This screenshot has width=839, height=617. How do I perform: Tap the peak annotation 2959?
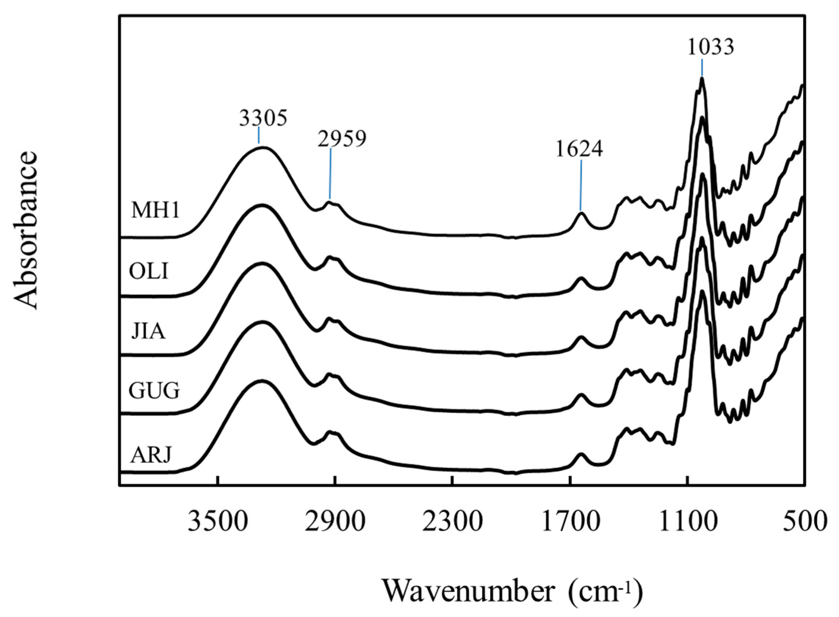(x=342, y=139)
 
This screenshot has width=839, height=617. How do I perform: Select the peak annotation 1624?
(x=579, y=149)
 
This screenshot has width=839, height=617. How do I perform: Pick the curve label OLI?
(x=149, y=272)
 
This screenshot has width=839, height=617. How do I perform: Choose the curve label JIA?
(x=148, y=331)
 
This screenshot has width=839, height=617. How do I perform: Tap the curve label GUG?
(x=155, y=391)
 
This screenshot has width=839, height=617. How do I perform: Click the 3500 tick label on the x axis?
(x=218, y=522)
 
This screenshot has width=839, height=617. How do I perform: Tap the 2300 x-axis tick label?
(x=452, y=522)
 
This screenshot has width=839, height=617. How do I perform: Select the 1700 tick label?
(x=570, y=522)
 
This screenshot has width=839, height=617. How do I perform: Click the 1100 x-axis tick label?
(x=688, y=522)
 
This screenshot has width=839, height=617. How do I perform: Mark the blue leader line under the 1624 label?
(x=581, y=186)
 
